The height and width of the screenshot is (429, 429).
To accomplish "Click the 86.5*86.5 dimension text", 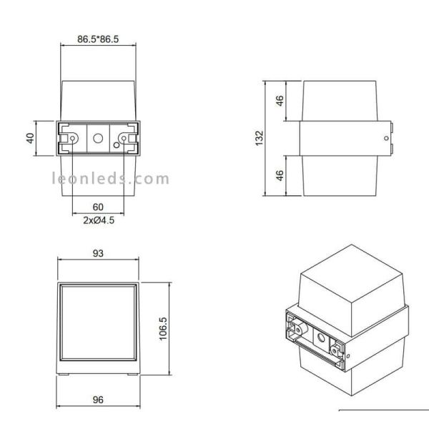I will [x=97, y=39].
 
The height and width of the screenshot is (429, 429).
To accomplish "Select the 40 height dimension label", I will [x=30, y=137].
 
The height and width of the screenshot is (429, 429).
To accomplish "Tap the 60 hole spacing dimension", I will [x=98, y=207].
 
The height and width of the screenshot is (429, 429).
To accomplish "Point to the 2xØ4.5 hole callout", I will [x=98, y=221].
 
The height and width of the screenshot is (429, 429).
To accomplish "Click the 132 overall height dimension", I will [x=260, y=137].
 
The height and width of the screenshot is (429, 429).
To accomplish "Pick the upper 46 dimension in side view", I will [x=280, y=101].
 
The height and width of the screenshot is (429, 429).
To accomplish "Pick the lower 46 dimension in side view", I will [x=280, y=174].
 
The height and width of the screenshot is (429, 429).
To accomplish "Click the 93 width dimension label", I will [x=98, y=252].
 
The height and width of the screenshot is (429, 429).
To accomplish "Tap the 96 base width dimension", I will [x=98, y=400].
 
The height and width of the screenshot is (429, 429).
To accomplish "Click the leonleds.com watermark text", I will [x=111, y=179].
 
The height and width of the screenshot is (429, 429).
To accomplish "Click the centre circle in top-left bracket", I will [x=98, y=137].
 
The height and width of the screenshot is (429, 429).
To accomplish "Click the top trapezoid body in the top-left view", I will [x=98, y=100].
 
